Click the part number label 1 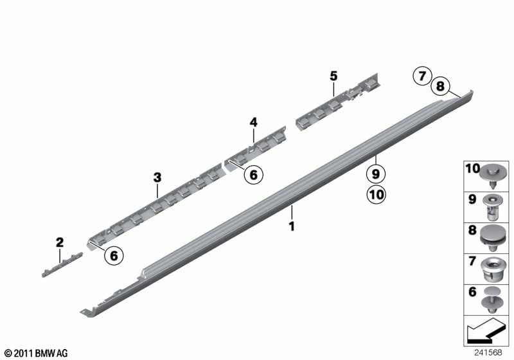pyautogui.click(x=292, y=226)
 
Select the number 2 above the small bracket pyautogui.click(x=60, y=243)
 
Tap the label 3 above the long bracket pyautogui.click(x=157, y=177)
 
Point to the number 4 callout pyautogui.click(x=254, y=123)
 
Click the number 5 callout pyautogui.click(x=333, y=76)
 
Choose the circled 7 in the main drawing pyautogui.click(x=422, y=76)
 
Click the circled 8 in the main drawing pyautogui.click(x=440, y=86)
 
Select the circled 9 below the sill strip pyautogui.click(x=376, y=174)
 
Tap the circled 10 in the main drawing pyautogui.click(x=376, y=194)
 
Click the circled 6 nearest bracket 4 pyautogui.click(x=254, y=174)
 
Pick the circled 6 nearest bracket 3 pyautogui.click(x=114, y=255)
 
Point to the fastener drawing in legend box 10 pyautogui.click(x=493, y=176)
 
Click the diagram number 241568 pyautogui.click(x=488, y=352)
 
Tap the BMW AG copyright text pyautogui.click(x=37, y=353)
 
